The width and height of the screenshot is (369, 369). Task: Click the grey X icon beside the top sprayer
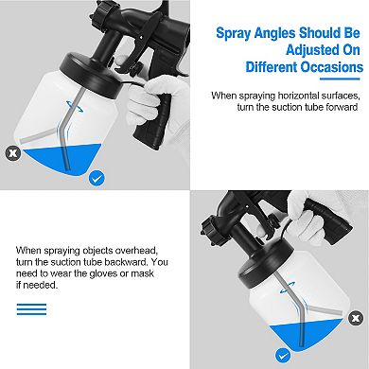[12, 150]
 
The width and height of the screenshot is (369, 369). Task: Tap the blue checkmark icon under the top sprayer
[96, 177]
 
